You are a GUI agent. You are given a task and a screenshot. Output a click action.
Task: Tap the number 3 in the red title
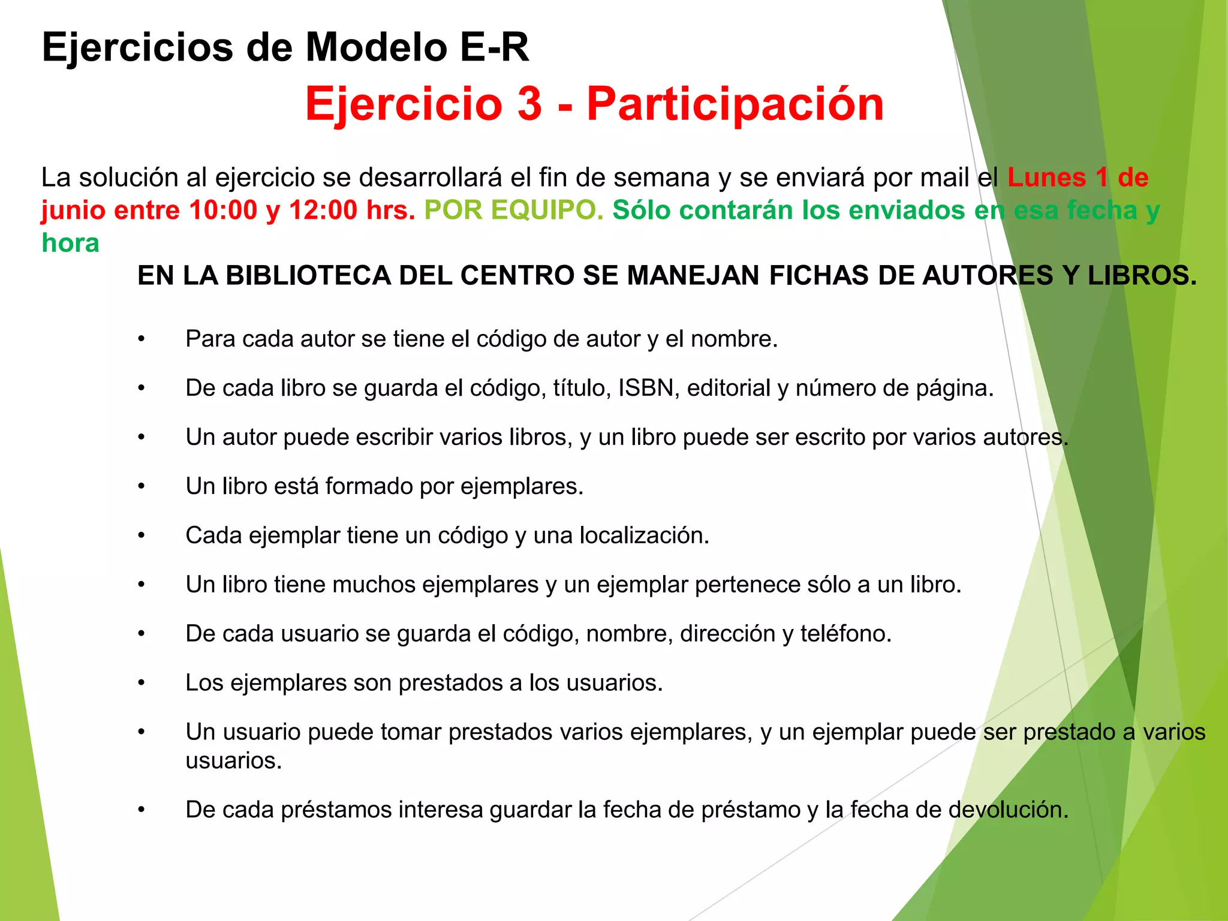click(x=529, y=104)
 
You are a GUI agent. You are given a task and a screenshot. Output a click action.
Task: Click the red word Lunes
click(x=1046, y=177)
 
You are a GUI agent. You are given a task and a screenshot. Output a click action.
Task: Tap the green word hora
click(x=70, y=243)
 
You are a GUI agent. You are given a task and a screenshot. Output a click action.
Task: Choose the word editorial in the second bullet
click(x=729, y=389)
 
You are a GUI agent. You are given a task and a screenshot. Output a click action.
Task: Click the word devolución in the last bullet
click(x=1008, y=810)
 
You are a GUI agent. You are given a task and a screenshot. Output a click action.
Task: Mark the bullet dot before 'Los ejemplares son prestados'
click(x=142, y=683)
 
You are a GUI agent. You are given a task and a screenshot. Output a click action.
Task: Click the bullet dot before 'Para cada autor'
click(x=142, y=339)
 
